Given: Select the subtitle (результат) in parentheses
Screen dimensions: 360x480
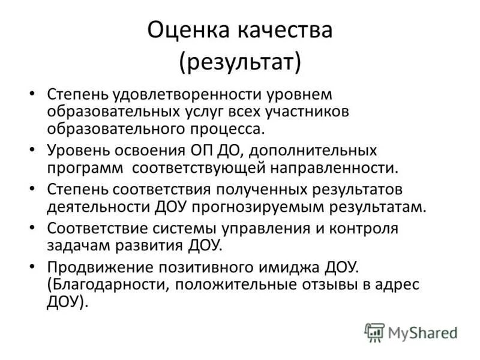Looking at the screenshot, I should tap(240, 62).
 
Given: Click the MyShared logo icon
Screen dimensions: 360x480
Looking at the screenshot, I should tap(375, 332).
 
